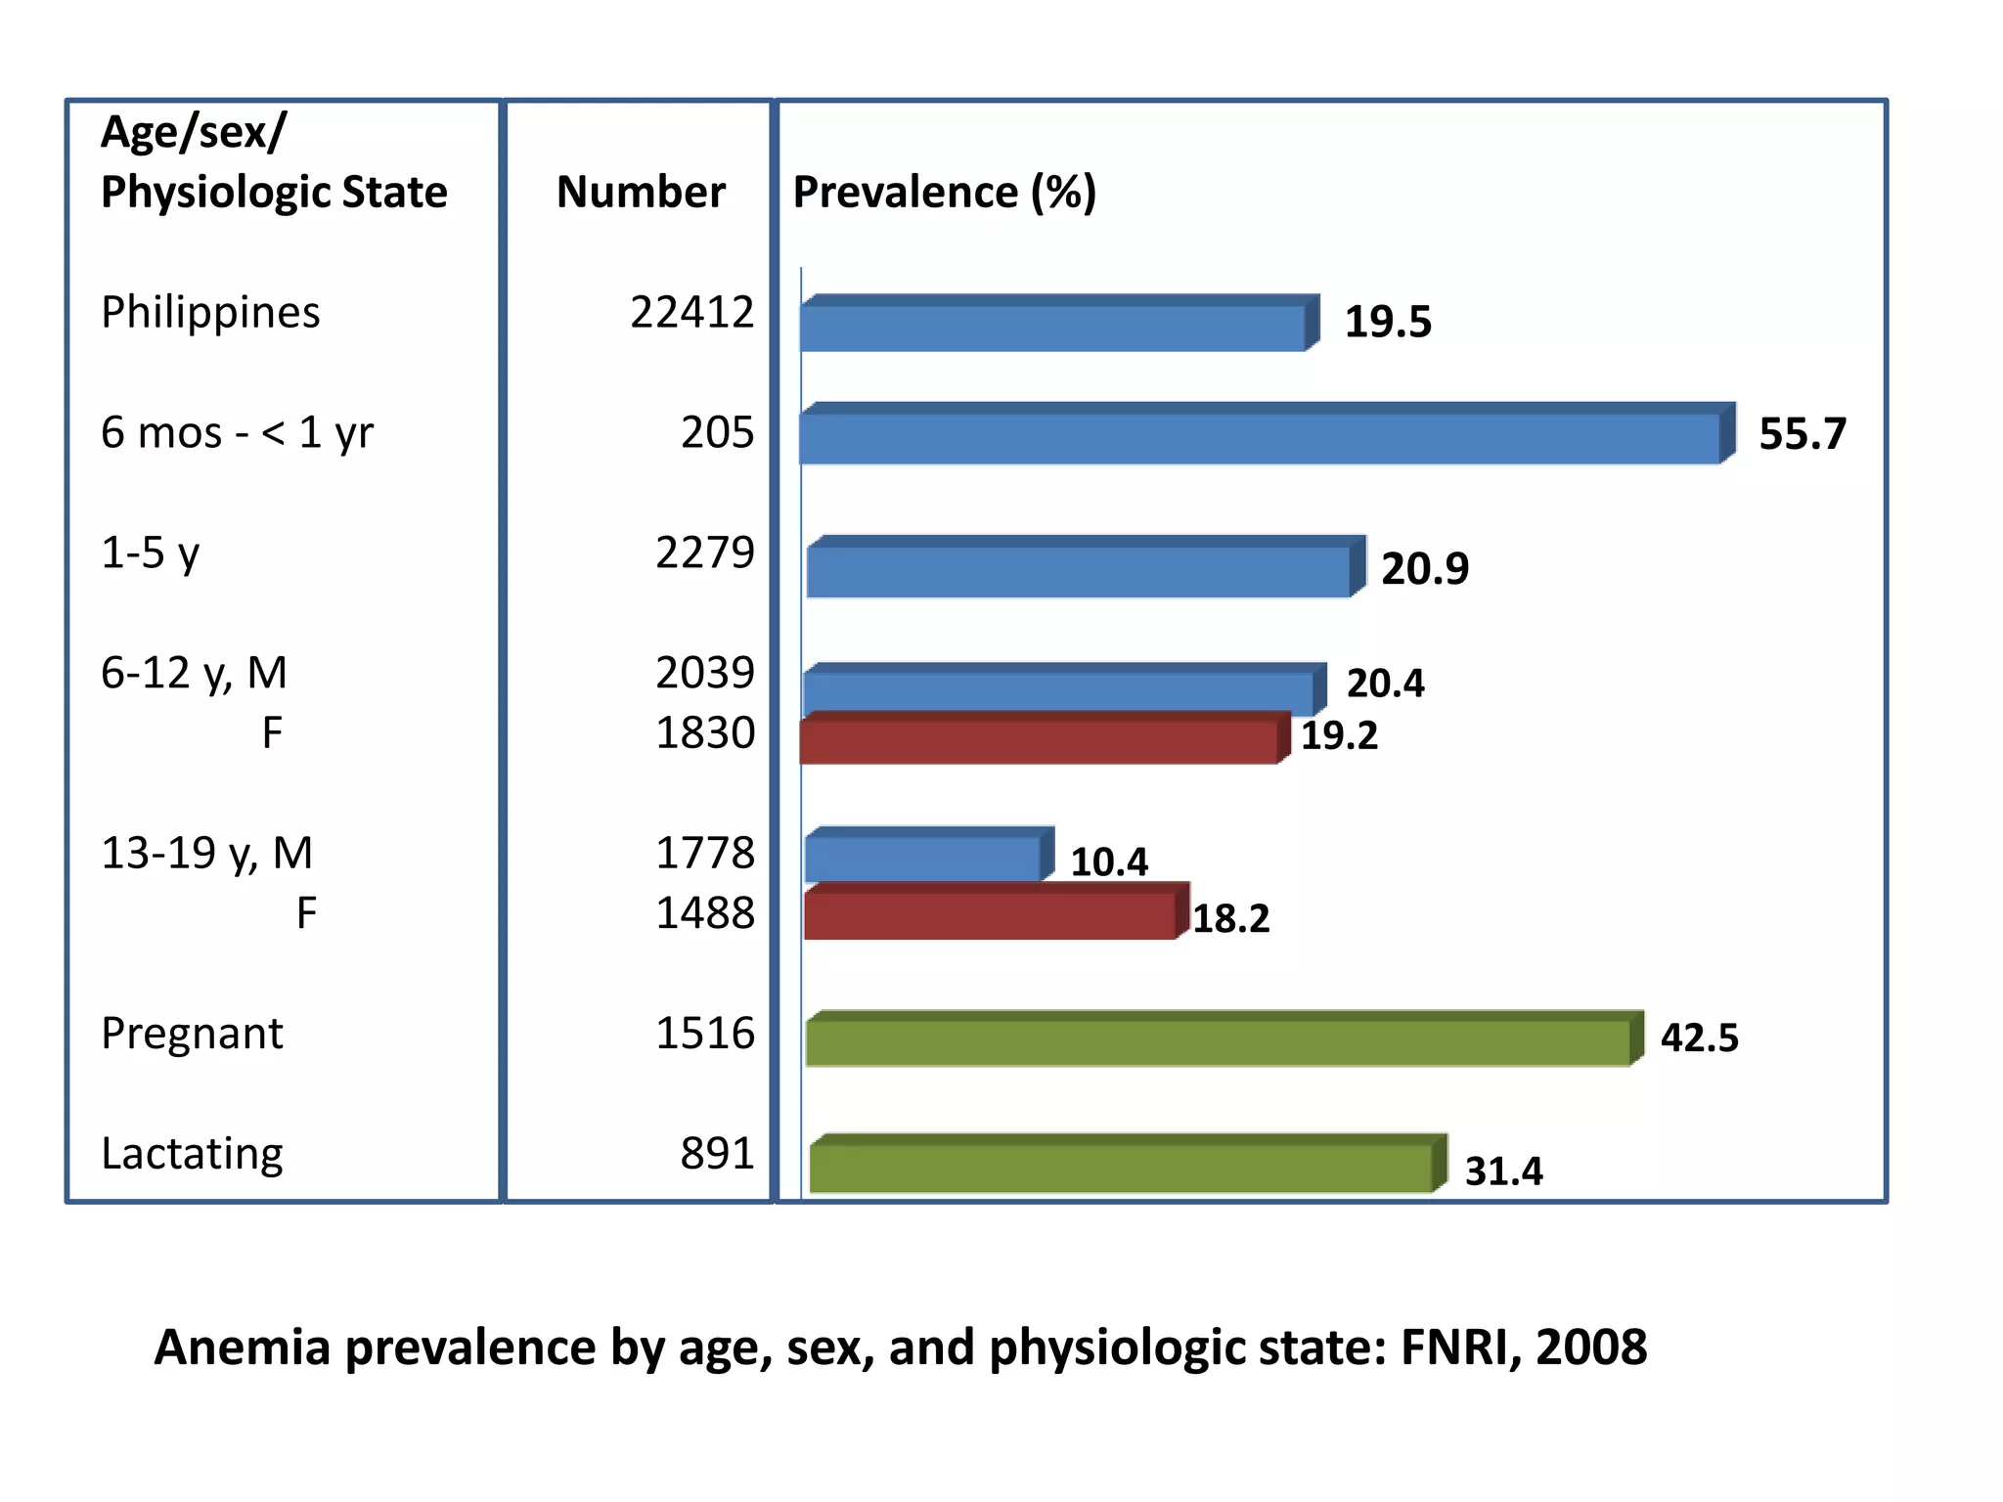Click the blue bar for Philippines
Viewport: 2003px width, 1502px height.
point(1054,327)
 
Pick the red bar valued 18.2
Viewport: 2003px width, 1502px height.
point(990,915)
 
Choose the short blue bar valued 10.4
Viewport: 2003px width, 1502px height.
point(924,858)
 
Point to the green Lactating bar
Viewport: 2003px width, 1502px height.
point(1122,1167)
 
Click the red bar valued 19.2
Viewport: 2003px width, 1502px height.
point(1039,741)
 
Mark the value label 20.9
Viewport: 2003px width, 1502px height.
point(1424,569)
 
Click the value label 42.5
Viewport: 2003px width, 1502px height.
point(1699,1038)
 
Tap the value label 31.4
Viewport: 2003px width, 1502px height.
point(1503,1171)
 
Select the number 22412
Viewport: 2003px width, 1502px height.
point(691,313)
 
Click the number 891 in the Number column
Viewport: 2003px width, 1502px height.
point(717,1154)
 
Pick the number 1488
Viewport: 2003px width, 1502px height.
point(704,913)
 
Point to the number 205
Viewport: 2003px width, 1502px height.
point(717,432)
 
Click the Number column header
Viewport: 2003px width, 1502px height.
point(641,192)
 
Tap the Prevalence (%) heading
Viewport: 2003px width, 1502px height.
point(944,192)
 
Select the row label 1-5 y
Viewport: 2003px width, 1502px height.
point(150,553)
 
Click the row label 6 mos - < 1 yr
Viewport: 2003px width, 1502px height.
point(237,433)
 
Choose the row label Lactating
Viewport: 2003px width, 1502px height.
point(192,1154)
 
